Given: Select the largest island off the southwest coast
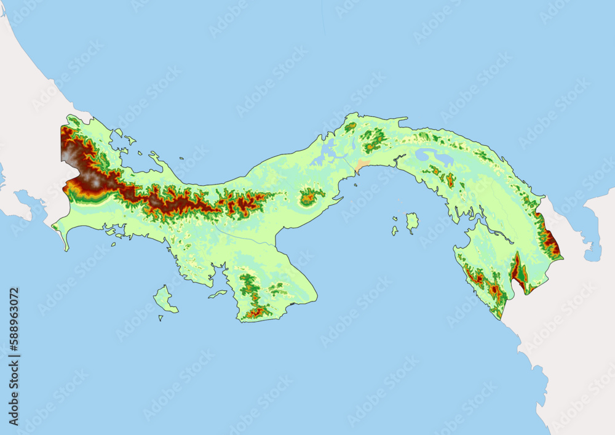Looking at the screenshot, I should pyautogui.click(x=164, y=299).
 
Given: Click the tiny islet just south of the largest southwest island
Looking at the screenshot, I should pyautogui.click(x=161, y=318).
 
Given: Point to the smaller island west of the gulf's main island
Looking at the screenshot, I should pyautogui.click(x=394, y=231).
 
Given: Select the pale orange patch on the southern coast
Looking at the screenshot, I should pyautogui.click(x=362, y=166).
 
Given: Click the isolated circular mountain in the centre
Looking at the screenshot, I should pyautogui.click(x=310, y=197).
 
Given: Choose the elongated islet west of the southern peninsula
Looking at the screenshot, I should pyautogui.click(x=218, y=294).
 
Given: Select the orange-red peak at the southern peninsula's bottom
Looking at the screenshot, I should pyautogui.click(x=258, y=312).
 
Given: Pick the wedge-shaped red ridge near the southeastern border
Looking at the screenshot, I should pyautogui.click(x=518, y=271).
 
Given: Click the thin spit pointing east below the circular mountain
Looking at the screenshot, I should pyautogui.click(x=337, y=199).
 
